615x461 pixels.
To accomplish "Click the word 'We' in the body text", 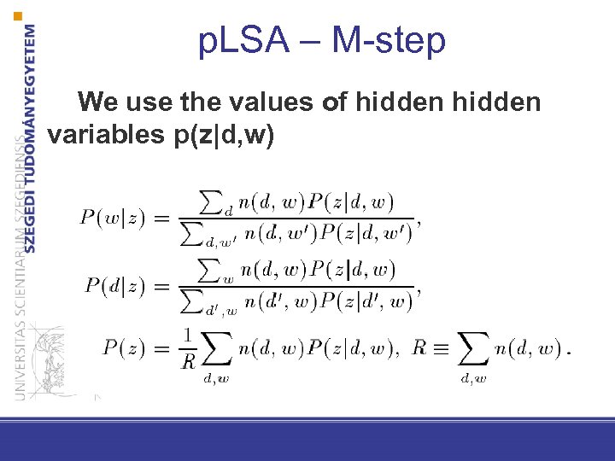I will tap(99, 103).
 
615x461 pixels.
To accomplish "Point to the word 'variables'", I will tap(99, 134).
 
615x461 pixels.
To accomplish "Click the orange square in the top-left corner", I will tap(19, 16).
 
